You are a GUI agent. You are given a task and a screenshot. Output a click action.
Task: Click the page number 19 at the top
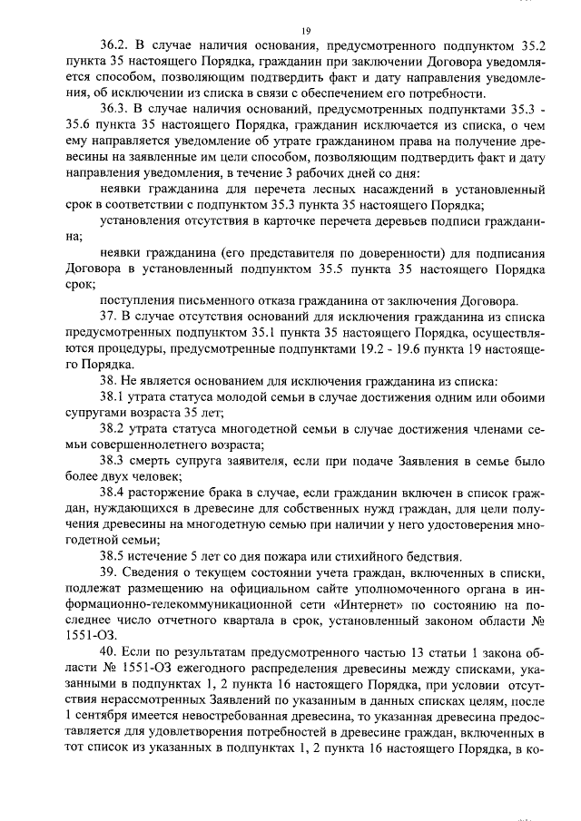click(x=306, y=32)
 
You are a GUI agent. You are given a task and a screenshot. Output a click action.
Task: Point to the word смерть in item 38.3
click(x=161, y=459)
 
